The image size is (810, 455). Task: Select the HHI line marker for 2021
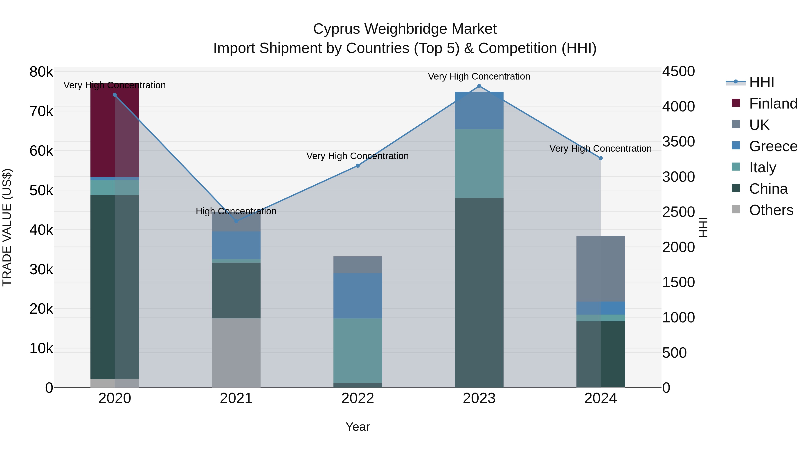pyautogui.click(x=236, y=221)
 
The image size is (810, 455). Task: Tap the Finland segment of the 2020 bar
pyautogui.click(x=115, y=130)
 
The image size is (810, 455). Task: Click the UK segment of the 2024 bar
pyautogui.click(x=600, y=269)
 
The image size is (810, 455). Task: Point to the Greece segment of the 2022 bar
pyautogui.click(x=358, y=295)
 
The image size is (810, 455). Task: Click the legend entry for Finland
pyautogui.click(x=773, y=104)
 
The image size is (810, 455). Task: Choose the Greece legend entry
pyautogui.click(x=773, y=146)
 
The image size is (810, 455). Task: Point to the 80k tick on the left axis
pyautogui.click(x=41, y=72)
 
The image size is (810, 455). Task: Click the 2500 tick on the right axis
pyautogui.click(x=678, y=212)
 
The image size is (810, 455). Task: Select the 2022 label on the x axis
pyautogui.click(x=358, y=398)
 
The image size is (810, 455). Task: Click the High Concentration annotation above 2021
pyautogui.click(x=236, y=211)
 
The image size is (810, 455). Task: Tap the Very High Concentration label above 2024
pyautogui.click(x=600, y=149)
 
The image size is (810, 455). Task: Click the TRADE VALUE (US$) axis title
pyautogui.click(x=7, y=227)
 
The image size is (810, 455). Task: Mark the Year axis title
pyautogui.click(x=358, y=427)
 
